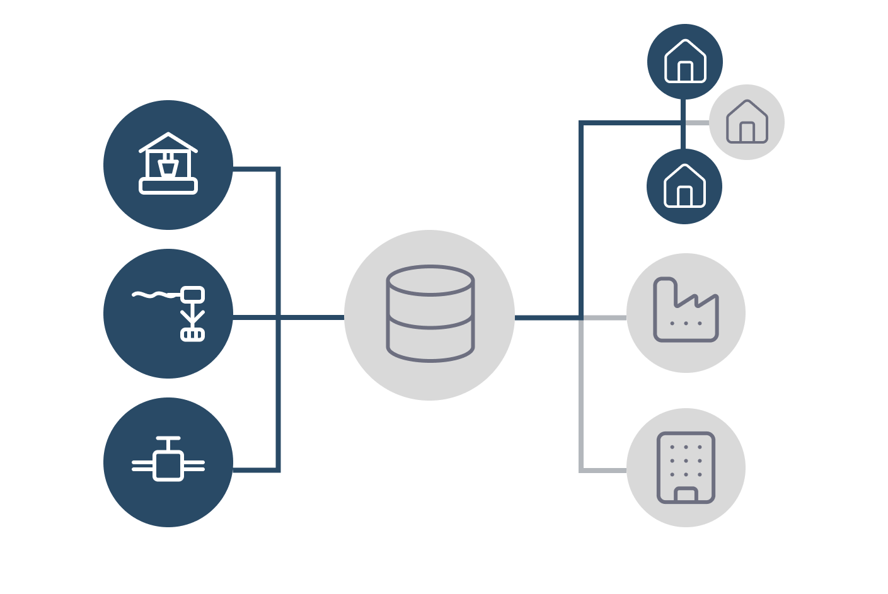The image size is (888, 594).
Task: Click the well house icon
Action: (x=168, y=164)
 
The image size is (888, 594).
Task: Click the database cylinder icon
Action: (x=430, y=314)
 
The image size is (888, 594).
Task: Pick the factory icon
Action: (x=686, y=311)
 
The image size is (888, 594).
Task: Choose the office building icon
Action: (x=686, y=467)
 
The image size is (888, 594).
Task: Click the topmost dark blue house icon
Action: (x=685, y=61)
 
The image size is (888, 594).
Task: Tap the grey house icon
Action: (x=747, y=122)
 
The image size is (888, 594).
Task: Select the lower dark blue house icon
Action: (x=684, y=186)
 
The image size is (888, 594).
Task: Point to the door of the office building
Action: (x=686, y=495)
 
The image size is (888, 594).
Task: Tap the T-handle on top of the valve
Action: (x=168, y=438)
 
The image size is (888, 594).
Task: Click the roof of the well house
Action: (x=168, y=141)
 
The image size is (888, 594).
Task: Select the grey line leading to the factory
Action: (x=605, y=318)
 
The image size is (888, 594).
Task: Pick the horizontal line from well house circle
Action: (x=255, y=169)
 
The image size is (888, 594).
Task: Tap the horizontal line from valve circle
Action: (x=255, y=470)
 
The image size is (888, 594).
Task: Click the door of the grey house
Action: (x=747, y=132)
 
